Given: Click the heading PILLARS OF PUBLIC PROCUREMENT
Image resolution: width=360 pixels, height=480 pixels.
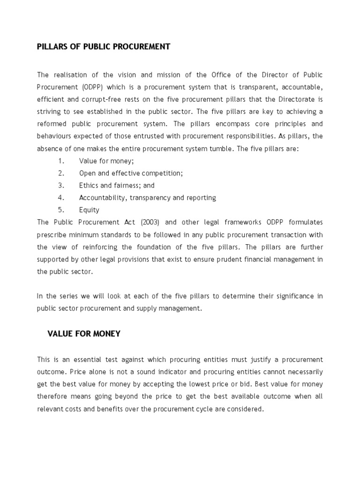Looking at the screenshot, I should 104,46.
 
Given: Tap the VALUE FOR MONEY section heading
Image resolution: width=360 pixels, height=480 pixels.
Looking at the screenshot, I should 84,334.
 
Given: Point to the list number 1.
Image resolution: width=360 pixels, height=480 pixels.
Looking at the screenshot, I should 61,161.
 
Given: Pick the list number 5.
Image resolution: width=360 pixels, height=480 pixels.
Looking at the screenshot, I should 61,210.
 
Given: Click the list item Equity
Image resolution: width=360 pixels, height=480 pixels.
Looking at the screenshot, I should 89,210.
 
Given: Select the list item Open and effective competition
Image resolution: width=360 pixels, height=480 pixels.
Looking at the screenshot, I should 131,173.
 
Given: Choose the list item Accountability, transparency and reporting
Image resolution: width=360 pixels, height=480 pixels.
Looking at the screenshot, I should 147,198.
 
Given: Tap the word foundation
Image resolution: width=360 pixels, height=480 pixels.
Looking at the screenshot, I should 169,247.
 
